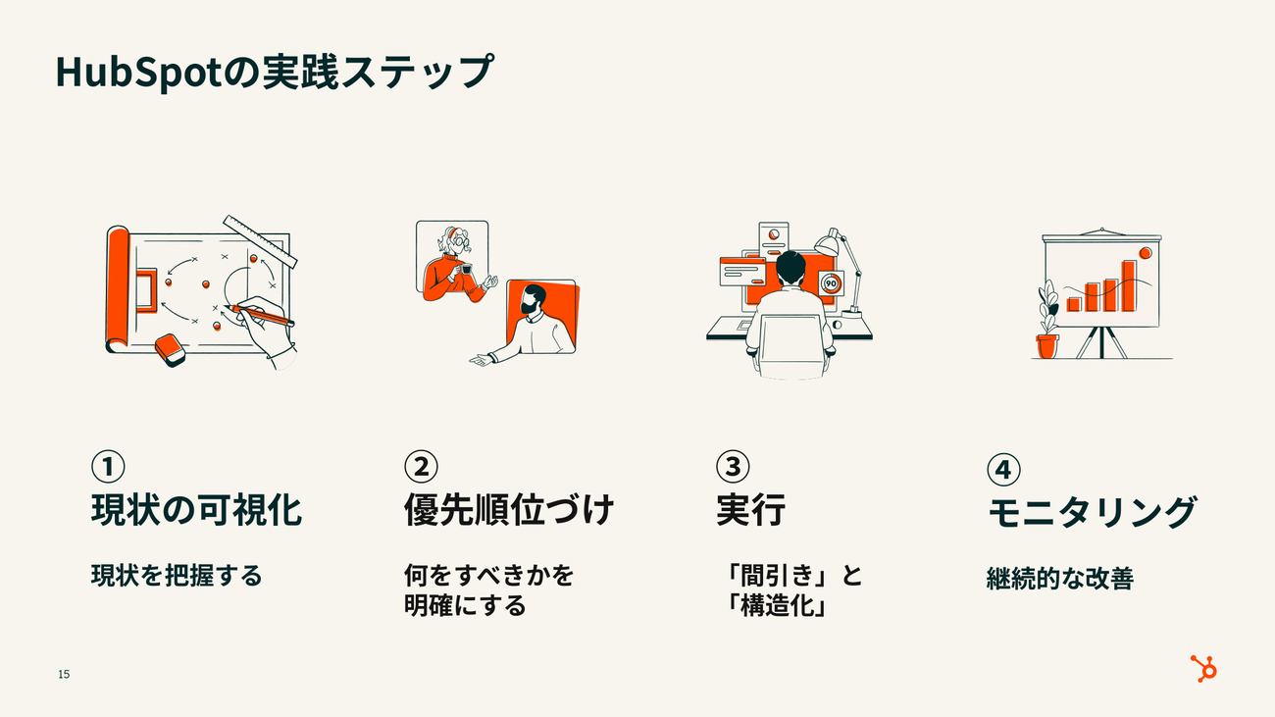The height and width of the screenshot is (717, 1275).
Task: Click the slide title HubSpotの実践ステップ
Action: (x=275, y=73)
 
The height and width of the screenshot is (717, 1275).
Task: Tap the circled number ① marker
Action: (x=108, y=466)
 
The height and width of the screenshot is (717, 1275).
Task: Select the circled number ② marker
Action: (x=421, y=466)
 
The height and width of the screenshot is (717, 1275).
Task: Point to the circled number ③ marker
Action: (x=733, y=466)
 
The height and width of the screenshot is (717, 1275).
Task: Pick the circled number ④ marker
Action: (x=1003, y=470)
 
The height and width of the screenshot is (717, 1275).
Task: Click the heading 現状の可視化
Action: (x=196, y=510)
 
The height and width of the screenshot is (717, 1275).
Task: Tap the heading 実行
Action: (x=750, y=510)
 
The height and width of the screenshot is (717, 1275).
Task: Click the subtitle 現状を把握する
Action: (x=177, y=576)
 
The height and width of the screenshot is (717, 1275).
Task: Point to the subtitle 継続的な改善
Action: (x=1060, y=578)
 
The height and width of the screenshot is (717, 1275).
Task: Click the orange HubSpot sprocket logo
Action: (x=1203, y=669)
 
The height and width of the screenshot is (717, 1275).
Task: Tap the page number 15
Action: (x=64, y=674)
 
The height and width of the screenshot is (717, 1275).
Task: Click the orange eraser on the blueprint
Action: (x=171, y=349)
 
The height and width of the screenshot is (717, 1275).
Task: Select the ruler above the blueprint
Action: (x=260, y=241)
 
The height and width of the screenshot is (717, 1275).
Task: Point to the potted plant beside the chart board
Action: (x=1047, y=320)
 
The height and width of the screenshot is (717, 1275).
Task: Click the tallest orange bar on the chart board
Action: (x=1129, y=286)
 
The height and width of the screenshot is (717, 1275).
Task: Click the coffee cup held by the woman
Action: (x=467, y=269)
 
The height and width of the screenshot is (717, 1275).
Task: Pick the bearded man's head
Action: (x=534, y=300)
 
